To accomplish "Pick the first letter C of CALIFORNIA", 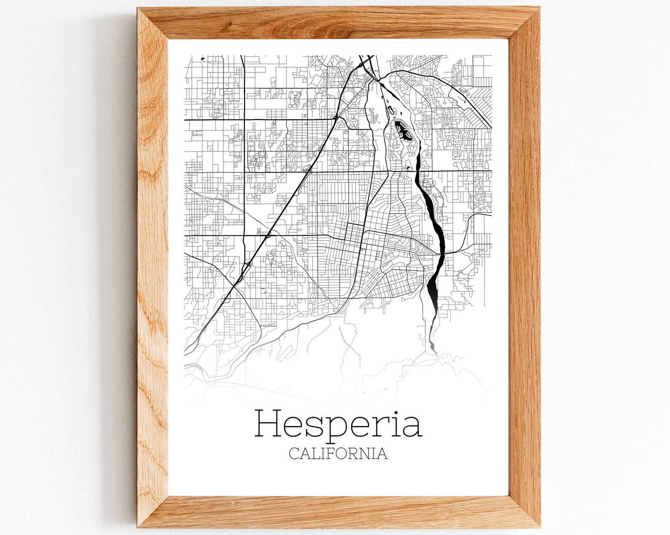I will [x=294, y=454].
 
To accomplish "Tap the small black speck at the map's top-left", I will [x=203, y=59].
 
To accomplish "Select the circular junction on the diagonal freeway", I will [x=335, y=118].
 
